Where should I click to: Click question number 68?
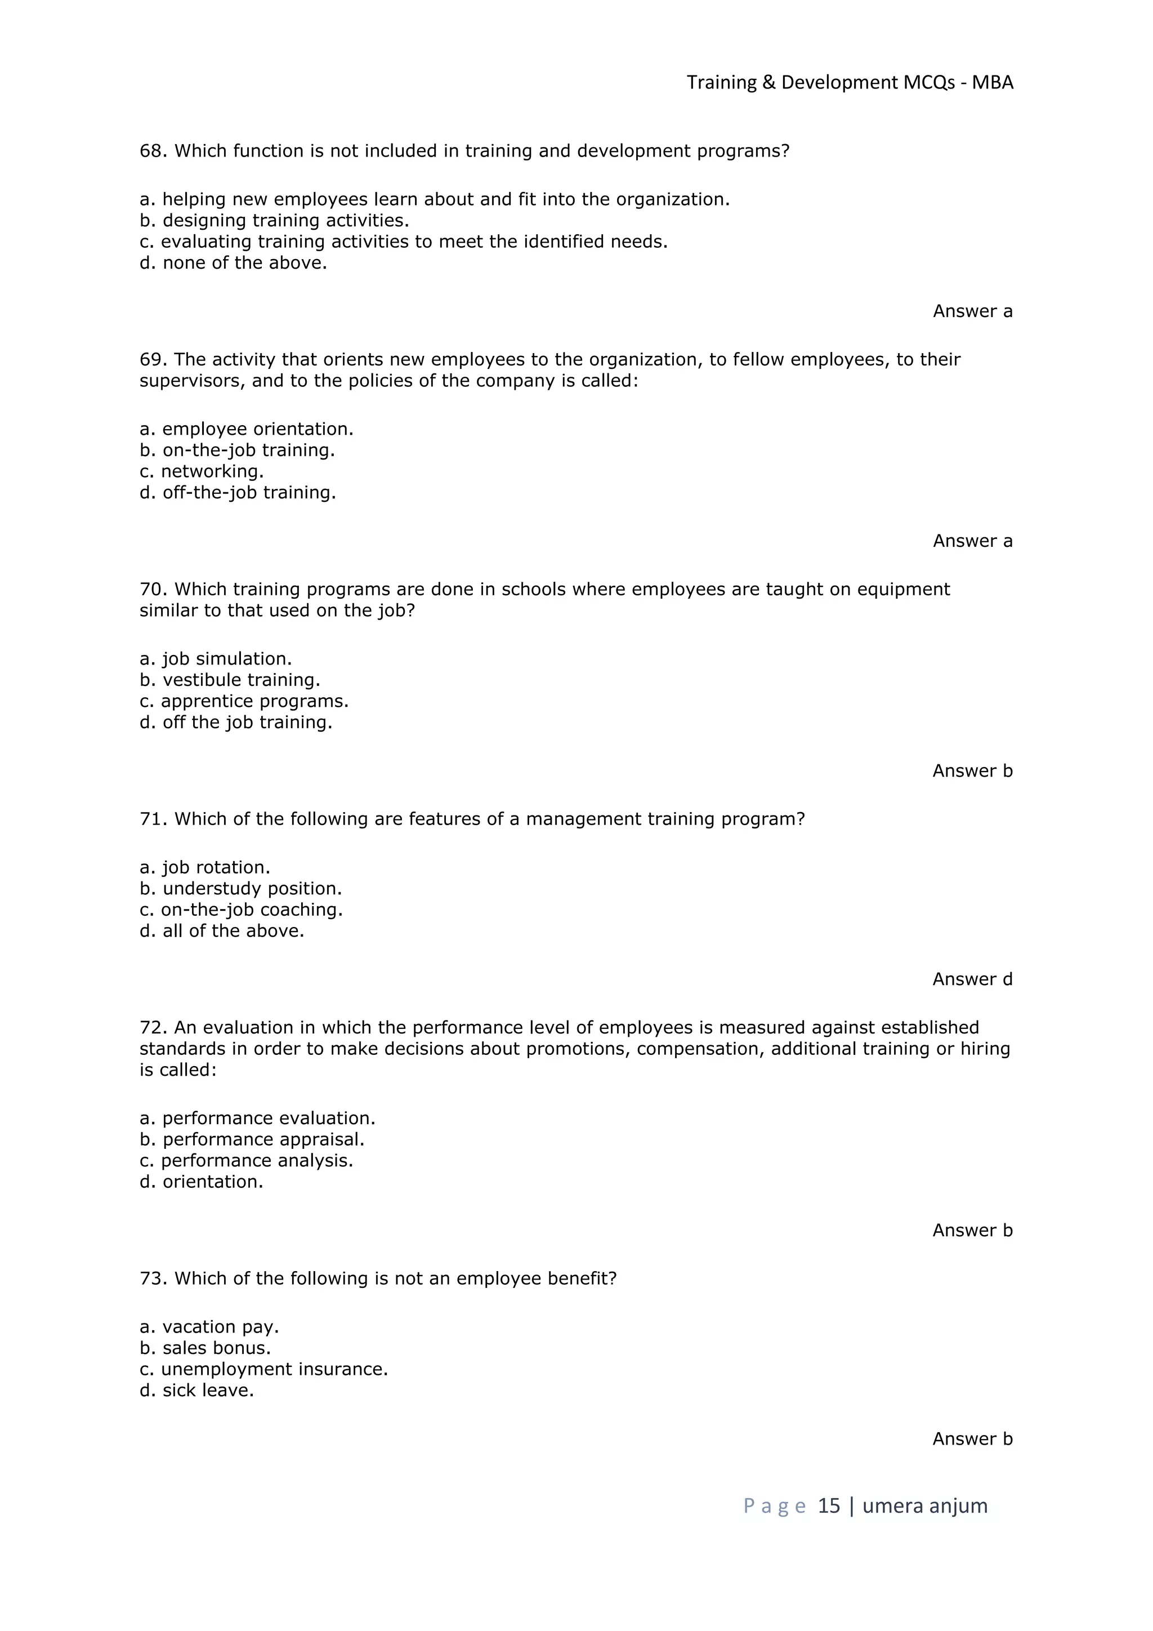(x=153, y=151)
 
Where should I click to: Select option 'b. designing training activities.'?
(x=274, y=221)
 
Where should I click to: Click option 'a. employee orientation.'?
(x=247, y=429)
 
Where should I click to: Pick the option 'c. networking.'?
(x=202, y=472)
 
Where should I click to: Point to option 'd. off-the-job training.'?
(x=238, y=493)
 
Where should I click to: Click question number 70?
(x=153, y=590)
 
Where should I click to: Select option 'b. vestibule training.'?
(x=230, y=680)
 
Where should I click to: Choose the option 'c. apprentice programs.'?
(x=244, y=702)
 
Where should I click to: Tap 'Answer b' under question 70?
(x=972, y=771)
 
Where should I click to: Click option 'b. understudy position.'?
(x=241, y=889)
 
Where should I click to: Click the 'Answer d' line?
(x=972, y=979)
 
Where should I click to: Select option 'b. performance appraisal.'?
(x=252, y=1139)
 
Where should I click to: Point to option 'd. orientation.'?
(x=202, y=1182)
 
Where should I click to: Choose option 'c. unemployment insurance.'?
(x=264, y=1370)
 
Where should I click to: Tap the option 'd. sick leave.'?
(x=196, y=1391)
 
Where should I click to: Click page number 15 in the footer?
(x=829, y=1506)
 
